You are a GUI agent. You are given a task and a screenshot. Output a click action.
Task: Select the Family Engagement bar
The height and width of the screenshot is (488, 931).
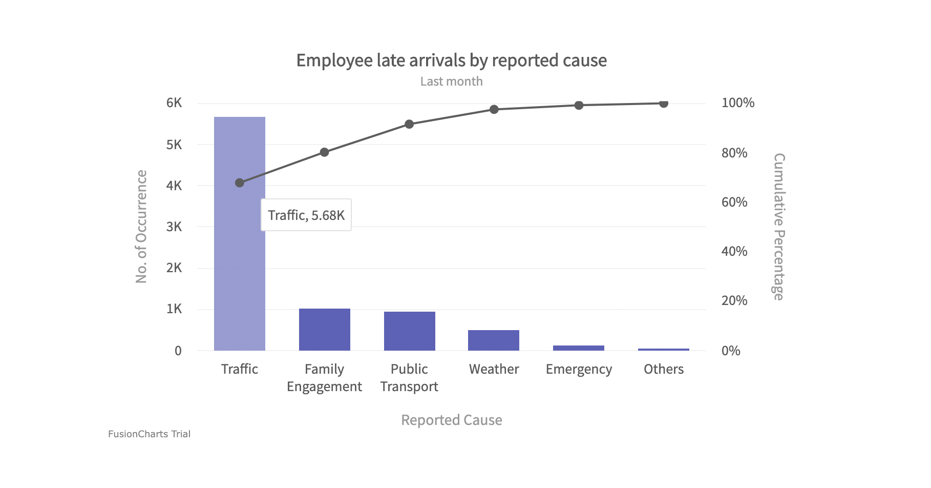pyautogui.click(x=324, y=330)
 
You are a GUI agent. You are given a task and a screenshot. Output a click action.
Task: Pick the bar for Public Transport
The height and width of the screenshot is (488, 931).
pyautogui.click(x=409, y=331)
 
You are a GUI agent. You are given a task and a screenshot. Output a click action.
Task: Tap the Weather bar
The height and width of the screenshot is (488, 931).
pyautogui.click(x=494, y=340)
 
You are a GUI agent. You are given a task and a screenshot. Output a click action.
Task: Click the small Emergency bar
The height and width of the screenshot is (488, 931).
pyautogui.click(x=579, y=348)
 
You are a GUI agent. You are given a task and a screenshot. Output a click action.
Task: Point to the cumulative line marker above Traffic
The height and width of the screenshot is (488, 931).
pyautogui.click(x=240, y=183)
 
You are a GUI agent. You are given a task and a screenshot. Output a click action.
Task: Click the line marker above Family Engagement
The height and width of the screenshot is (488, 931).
pyautogui.click(x=324, y=152)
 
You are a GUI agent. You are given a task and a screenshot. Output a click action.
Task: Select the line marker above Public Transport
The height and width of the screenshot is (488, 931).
pyautogui.click(x=409, y=124)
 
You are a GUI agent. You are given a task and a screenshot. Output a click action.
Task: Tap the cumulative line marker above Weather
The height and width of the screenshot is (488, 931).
pyautogui.click(x=494, y=109)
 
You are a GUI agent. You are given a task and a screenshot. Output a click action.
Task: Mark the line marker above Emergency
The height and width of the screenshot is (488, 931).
pyautogui.click(x=579, y=105)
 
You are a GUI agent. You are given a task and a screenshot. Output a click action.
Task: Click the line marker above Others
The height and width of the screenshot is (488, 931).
pyautogui.click(x=664, y=104)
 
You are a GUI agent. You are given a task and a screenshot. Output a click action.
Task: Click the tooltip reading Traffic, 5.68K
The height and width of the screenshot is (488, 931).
pyautogui.click(x=306, y=215)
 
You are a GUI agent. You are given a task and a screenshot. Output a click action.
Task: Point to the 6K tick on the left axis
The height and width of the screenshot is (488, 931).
pyautogui.click(x=174, y=103)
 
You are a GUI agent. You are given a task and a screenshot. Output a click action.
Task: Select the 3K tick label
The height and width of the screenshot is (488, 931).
pyautogui.click(x=174, y=227)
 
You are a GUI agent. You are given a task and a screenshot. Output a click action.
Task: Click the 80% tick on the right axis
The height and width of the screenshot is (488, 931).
pyautogui.click(x=734, y=153)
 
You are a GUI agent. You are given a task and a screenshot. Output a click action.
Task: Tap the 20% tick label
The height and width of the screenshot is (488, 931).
pyautogui.click(x=734, y=301)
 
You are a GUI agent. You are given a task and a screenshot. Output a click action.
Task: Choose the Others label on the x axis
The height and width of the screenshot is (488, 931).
pyautogui.click(x=664, y=369)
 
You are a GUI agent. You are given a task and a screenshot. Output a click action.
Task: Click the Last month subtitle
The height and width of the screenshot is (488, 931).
pyautogui.click(x=451, y=82)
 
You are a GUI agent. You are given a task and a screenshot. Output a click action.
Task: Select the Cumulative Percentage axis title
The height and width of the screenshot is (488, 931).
pyautogui.click(x=778, y=227)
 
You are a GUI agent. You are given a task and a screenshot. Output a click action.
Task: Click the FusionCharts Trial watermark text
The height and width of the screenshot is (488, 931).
pyautogui.click(x=149, y=434)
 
